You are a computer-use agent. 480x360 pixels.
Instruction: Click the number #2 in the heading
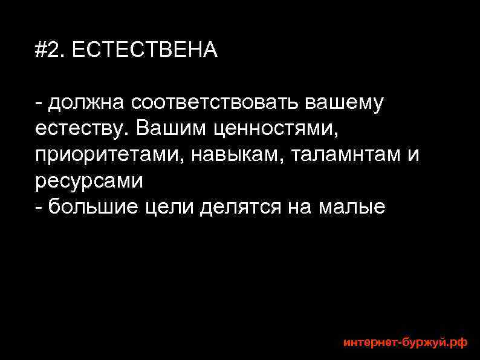pyautogui.click(x=50, y=50)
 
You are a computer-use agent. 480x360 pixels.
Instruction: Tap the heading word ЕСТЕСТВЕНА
pyautogui.click(x=144, y=50)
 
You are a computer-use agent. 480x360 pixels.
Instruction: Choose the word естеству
pyautogui.click(x=82, y=129)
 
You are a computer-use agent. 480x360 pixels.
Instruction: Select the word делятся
pyautogui.click(x=240, y=207)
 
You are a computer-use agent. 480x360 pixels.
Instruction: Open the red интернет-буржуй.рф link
pyautogui.click(x=405, y=342)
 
